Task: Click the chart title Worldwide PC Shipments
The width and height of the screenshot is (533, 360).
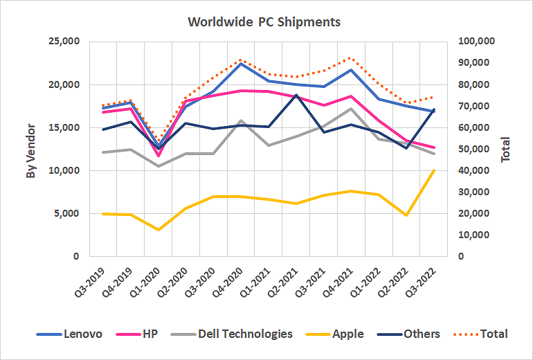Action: pyautogui.click(x=264, y=22)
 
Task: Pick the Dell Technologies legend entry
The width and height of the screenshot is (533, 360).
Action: pyautogui.click(x=244, y=334)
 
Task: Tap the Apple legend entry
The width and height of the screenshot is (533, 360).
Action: pyautogui.click(x=347, y=334)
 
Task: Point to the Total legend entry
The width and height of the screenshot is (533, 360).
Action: pyautogui.click(x=494, y=334)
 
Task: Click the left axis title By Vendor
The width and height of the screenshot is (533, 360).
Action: pyautogui.click(x=31, y=149)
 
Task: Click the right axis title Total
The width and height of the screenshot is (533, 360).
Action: pyautogui.click(x=505, y=149)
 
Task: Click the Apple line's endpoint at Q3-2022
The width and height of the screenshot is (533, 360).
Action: pyautogui.click(x=434, y=170)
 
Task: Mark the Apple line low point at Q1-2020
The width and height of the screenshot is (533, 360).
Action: pyautogui.click(x=159, y=230)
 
